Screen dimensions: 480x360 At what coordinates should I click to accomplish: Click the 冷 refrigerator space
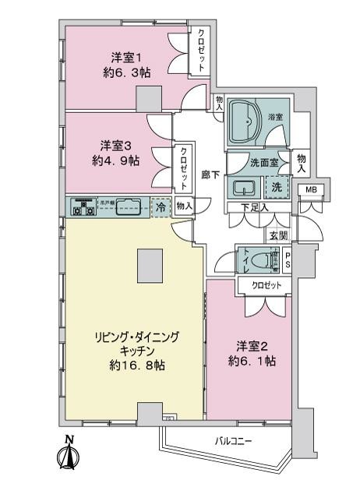(161, 207)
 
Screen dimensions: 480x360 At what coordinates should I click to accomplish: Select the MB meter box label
(310, 190)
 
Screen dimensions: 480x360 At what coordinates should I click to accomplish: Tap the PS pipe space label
(288, 259)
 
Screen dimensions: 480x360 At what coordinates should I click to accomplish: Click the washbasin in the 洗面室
(245, 188)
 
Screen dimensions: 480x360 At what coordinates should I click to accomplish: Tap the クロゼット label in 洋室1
(201, 51)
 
